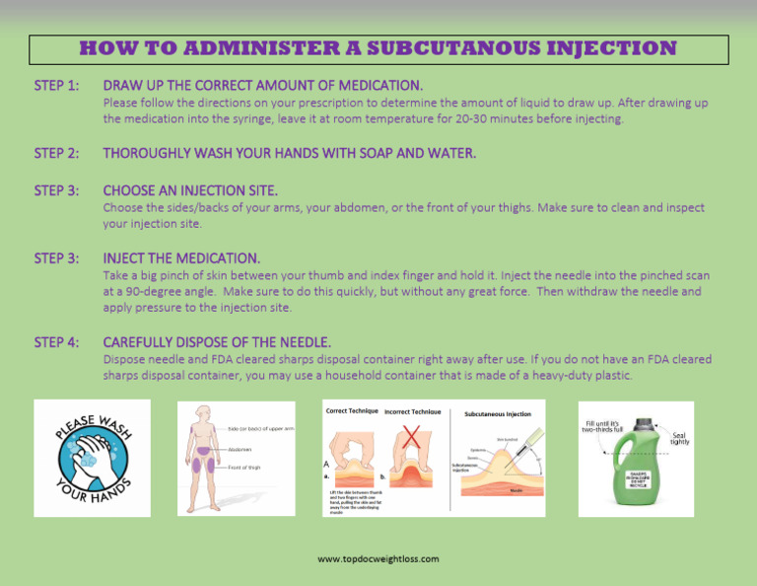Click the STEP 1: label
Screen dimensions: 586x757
56,86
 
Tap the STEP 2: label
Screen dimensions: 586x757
56,153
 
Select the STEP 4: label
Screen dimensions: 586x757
56,342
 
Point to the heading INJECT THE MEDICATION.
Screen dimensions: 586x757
181,258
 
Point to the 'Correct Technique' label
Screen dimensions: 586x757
351,410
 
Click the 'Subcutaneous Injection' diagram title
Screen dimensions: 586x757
503,414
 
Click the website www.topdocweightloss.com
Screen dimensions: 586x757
378,559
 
